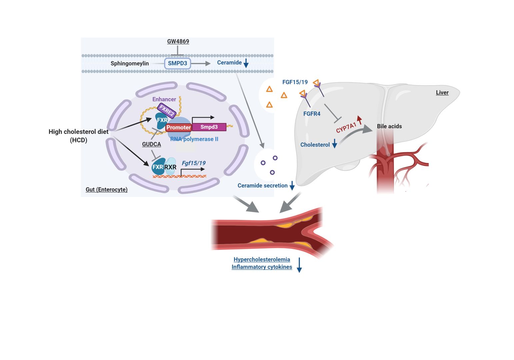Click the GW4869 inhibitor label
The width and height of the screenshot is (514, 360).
tap(178, 41)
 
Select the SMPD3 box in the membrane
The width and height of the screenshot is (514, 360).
tap(177, 63)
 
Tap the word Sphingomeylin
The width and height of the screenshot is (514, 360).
tap(130, 63)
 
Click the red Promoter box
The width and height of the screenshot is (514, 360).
tap(178, 127)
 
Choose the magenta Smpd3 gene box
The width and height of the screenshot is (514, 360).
tap(209, 127)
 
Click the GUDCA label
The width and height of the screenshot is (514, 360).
tap(151, 144)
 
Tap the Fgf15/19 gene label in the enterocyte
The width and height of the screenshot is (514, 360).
tap(194, 163)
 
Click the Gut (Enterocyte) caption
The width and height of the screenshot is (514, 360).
tap(107, 190)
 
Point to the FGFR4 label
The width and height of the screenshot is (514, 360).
tap(312, 114)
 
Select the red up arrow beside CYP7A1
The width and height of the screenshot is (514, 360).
tap(359, 120)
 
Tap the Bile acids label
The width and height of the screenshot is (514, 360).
tap(389, 126)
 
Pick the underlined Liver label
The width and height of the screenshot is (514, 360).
tap(442, 92)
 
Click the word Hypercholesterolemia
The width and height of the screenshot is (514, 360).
tap(262, 259)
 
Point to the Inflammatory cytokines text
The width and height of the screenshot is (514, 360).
tap(262, 267)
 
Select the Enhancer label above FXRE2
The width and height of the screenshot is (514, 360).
tap(164, 99)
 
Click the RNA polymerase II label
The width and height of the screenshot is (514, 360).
tap(194, 139)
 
